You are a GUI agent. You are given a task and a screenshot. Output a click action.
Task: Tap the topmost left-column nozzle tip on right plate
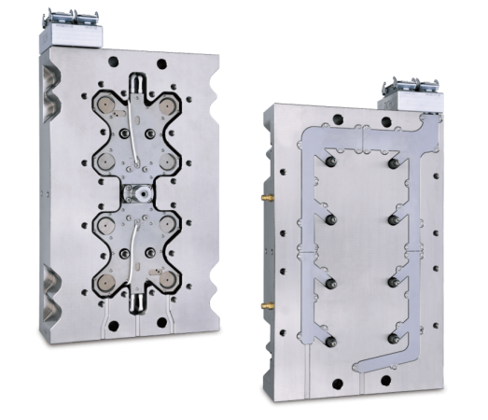[x=331, y=161]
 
